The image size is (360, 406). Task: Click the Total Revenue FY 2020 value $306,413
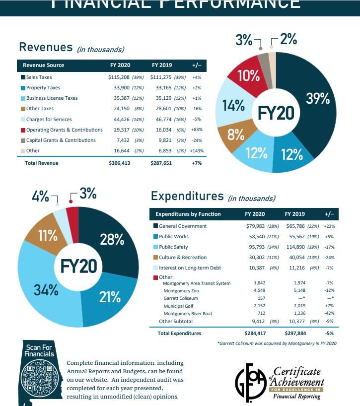(x=119, y=163)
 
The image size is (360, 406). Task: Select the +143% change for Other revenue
(x=197, y=151)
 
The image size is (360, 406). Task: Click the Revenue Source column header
(x=44, y=65)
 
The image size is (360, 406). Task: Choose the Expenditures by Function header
(x=188, y=214)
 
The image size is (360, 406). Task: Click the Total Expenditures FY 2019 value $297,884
(x=296, y=333)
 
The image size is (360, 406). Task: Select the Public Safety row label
(x=173, y=247)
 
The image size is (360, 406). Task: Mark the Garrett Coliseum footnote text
(x=277, y=343)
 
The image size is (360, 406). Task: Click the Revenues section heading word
(x=46, y=47)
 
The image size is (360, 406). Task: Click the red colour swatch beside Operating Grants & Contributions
(x=23, y=130)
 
